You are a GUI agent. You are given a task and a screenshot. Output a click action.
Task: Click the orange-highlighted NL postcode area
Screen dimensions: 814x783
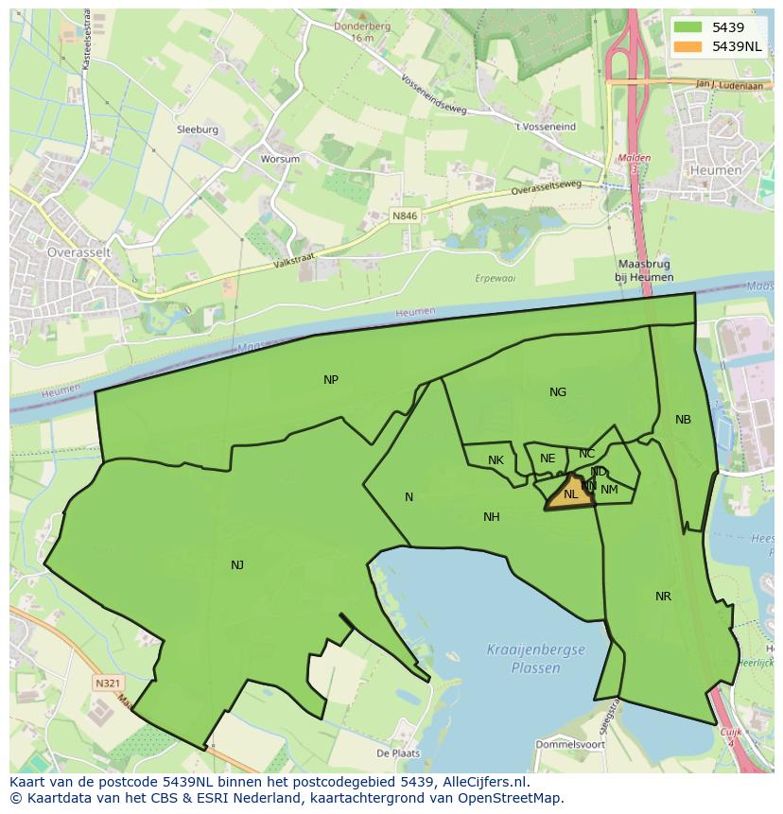click(570, 494)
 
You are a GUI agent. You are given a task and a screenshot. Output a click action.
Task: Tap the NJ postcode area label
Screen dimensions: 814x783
click(237, 565)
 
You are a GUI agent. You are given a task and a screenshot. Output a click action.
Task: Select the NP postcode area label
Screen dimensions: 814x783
click(331, 380)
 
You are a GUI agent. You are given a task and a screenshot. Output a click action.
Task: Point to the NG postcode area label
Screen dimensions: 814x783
click(558, 392)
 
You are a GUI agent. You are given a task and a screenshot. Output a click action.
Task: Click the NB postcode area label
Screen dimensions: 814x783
click(683, 420)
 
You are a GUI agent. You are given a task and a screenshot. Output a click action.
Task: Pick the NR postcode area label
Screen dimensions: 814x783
click(663, 597)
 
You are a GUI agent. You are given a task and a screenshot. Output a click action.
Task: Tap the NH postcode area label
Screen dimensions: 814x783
click(492, 517)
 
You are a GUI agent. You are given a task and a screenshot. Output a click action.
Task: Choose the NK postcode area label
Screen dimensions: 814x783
click(496, 460)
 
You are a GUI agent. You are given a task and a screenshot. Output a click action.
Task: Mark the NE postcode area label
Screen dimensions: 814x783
click(548, 459)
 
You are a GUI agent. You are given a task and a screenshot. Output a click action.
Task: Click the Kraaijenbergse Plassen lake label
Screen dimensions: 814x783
click(536, 659)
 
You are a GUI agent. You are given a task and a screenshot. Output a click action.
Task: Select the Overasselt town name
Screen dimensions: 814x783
click(79, 253)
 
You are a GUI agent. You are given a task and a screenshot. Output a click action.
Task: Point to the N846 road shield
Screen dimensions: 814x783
click(405, 216)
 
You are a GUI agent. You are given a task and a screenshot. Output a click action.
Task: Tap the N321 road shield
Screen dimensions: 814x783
click(108, 682)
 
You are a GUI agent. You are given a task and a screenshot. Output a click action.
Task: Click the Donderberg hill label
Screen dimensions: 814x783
click(361, 26)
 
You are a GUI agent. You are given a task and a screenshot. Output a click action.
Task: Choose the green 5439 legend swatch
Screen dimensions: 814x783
click(688, 27)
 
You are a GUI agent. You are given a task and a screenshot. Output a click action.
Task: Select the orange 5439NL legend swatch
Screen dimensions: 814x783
click(688, 46)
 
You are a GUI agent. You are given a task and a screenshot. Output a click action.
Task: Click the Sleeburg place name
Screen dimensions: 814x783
click(197, 130)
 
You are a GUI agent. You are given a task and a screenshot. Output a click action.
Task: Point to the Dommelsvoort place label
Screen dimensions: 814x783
click(570, 744)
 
